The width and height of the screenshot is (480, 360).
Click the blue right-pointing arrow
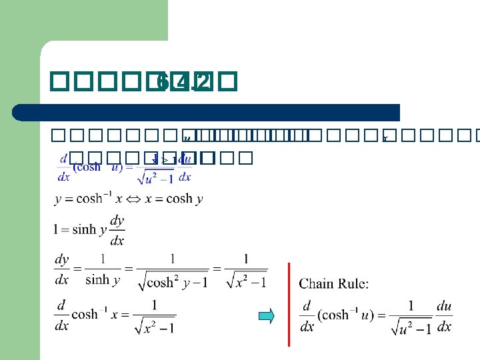point(266,316)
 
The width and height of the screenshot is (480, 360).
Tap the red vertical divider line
point(289,304)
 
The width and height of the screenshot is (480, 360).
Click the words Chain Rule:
point(334,284)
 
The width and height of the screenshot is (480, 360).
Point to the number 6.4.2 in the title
point(183,82)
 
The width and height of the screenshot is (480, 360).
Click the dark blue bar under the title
point(220,112)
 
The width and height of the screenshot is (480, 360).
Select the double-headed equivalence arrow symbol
point(127,199)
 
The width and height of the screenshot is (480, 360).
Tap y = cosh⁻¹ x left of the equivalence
point(86,199)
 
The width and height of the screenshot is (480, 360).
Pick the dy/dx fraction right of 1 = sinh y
point(117,230)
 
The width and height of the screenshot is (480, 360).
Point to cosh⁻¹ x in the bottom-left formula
point(97,314)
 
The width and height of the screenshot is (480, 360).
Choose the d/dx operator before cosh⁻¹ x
point(61,314)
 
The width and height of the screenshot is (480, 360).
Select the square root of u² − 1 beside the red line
point(411,327)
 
